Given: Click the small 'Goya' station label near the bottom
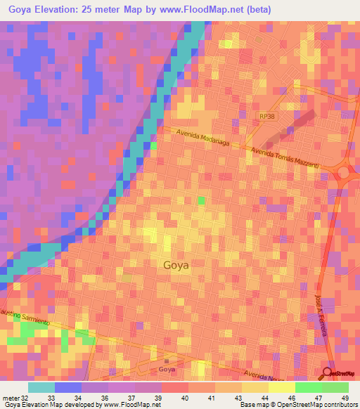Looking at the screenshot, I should [x=167, y=369].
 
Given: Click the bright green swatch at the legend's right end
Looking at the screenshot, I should [x=335, y=387].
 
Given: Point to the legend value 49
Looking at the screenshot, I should [x=344, y=397].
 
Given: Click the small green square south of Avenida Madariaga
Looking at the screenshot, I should [x=202, y=201].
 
